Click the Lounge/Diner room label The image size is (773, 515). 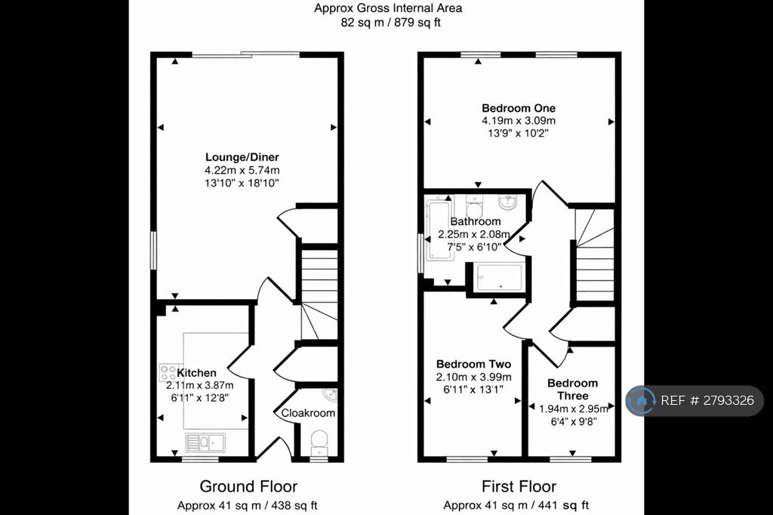(242, 157)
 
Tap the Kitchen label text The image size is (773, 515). (196, 373)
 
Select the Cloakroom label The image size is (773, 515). (308, 413)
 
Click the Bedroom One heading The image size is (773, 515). (519, 108)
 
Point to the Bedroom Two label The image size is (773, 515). (474, 364)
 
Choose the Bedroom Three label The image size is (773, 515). (573, 389)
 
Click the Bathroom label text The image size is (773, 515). (476, 221)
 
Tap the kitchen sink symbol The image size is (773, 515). (205, 443)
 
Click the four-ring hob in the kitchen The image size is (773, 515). (168, 372)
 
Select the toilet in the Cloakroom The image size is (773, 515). (319, 442)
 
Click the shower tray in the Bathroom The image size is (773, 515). (499, 278)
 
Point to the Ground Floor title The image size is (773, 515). (248, 486)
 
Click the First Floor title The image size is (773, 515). (519, 486)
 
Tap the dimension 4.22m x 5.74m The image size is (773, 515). (242, 170)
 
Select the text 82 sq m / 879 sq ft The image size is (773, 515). (390, 22)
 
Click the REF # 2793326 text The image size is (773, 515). (707, 400)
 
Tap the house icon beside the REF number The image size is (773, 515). (642, 400)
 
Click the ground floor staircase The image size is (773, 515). (319, 295)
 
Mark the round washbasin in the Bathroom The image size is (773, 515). (507, 201)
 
